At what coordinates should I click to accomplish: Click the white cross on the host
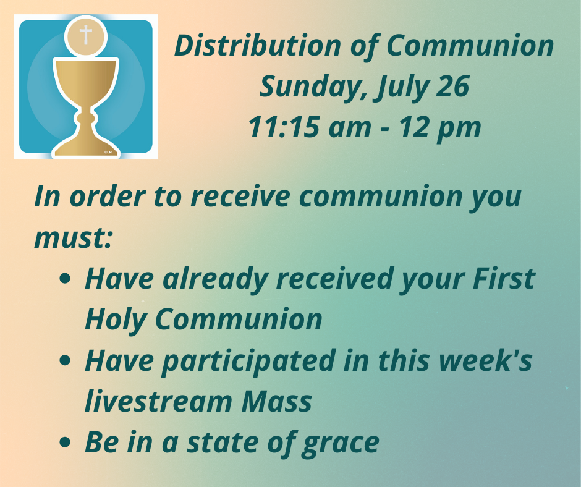85,35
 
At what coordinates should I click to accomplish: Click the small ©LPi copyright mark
108,152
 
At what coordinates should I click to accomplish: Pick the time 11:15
284,127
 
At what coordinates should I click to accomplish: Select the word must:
73,237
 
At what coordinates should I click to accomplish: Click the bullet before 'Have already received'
65,279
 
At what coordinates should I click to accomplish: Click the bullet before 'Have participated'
65,361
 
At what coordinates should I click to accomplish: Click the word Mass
276,401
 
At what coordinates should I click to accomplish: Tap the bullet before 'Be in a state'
65,442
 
